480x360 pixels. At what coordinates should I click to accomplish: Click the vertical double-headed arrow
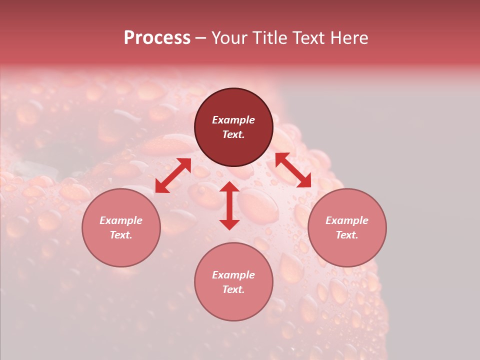click(229, 205)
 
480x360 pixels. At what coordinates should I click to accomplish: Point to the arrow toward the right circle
click(293, 170)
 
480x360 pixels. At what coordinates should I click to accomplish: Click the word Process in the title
click(157, 38)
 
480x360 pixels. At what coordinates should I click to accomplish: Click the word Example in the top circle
click(233, 120)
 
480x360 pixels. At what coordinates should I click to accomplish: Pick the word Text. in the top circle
click(233, 134)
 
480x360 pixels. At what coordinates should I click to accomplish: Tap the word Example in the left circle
click(121, 220)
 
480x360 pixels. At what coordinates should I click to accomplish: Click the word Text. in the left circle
click(121, 235)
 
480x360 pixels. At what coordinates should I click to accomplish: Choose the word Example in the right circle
click(347, 220)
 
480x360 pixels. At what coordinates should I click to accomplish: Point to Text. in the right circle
click(347, 235)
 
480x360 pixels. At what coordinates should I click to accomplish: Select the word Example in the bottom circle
click(233, 275)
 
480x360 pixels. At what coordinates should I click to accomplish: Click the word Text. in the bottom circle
click(233, 289)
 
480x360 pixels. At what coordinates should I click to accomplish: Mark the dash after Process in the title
click(201, 38)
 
